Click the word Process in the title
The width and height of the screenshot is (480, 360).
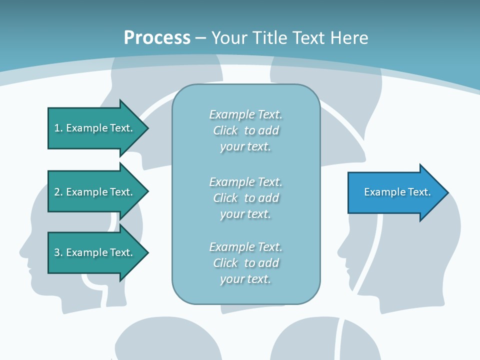[157, 38]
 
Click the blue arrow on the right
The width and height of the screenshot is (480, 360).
[395, 192]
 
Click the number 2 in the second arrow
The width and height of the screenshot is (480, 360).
[57, 192]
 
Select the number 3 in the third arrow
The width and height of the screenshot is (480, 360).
[57, 252]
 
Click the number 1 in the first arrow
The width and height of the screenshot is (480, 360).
[57, 128]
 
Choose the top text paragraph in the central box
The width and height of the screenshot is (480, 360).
[245, 130]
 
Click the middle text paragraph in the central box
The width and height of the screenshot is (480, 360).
[245, 198]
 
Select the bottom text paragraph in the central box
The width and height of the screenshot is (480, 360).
[245, 263]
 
